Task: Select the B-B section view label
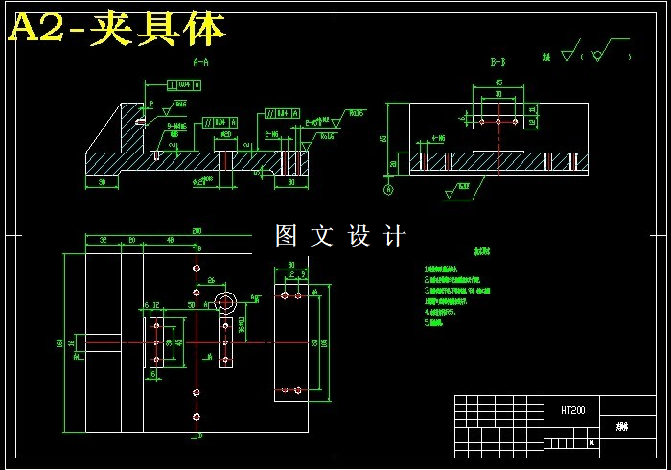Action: [497, 62]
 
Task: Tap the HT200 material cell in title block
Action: [573, 410]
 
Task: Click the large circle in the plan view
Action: [227, 303]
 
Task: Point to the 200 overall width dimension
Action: [197, 231]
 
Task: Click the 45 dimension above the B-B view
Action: [498, 83]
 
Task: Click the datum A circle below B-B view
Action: [388, 190]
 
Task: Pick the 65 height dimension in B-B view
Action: [384, 138]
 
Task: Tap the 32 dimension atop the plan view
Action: [102, 240]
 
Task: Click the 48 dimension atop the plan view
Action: [171, 240]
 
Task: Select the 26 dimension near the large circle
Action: [210, 281]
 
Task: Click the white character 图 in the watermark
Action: [286, 236]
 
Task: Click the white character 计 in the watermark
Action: [394, 236]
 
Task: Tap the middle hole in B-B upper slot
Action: [497, 122]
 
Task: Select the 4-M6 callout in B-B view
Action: [437, 138]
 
